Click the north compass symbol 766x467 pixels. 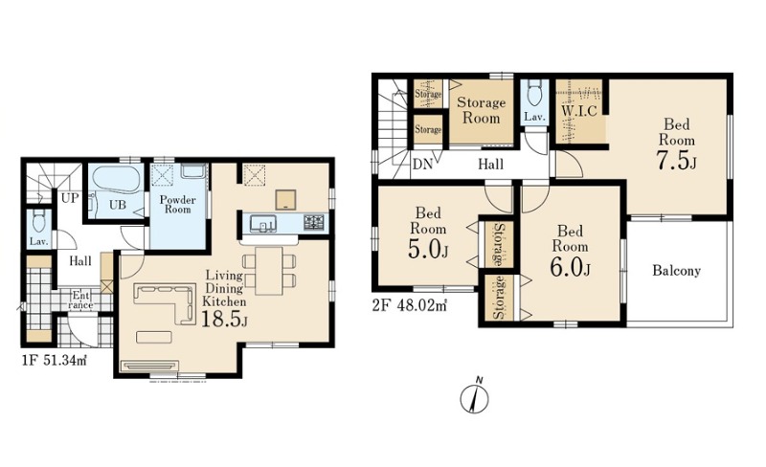[474, 397]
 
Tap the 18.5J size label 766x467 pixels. [224, 319]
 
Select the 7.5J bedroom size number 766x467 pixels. [676, 162]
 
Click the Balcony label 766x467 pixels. [677, 270]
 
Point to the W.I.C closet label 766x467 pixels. [579, 111]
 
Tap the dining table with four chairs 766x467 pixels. [269, 271]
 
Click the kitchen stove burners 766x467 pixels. [314, 223]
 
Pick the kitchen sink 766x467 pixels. [262, 224]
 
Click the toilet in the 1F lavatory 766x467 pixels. [38, 221]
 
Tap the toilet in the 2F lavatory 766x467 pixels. [535, 92]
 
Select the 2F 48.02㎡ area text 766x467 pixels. [410, 306]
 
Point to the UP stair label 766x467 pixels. [70, 198]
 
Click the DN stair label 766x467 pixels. [422, 165]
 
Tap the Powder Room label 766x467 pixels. [177, 204]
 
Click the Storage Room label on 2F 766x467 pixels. [481, 110]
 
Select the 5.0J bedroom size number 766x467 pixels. [427, 251]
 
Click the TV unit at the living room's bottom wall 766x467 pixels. [150, 367]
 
